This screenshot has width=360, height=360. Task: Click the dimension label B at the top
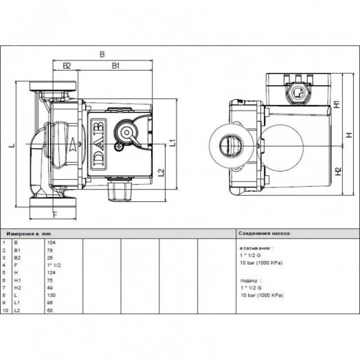pos(102,53)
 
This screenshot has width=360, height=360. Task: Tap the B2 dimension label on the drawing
pos(67,65)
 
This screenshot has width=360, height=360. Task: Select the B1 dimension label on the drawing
pos(117,65)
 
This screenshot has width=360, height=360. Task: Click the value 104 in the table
pos(50,243)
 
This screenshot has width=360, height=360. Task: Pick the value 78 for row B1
pos(49,249)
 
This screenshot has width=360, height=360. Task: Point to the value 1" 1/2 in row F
pos(52,263)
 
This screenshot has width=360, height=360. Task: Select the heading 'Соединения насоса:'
pos(265,234)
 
